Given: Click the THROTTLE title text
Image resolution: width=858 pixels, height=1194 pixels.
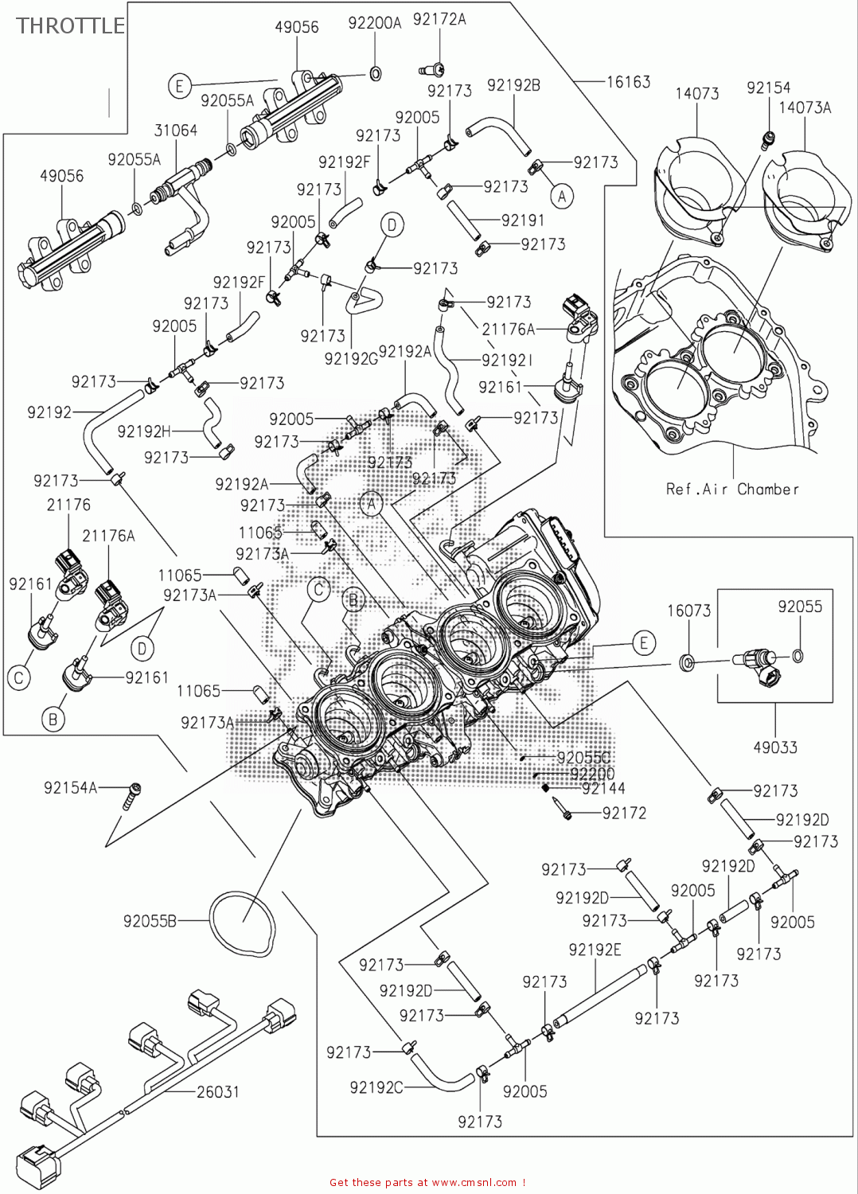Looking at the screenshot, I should pyautogui.click(x=70, y=25).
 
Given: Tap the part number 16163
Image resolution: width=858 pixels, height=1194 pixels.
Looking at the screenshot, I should pyautogui.click(x=628, y=81).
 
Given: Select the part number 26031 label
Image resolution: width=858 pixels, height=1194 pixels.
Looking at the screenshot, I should pyautogui.click(x=218, y=1091).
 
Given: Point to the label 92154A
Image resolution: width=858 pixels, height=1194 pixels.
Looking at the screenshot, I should pyautogui.click(x=70, y=788).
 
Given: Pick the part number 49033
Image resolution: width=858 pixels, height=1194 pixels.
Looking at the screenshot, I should pyautogui.click(x=775, y=747).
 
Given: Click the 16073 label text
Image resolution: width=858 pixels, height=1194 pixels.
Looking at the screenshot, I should pyautogui.click(x=688, y=611).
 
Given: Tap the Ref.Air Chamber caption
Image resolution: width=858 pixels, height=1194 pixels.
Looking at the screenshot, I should pyautogui.click(x=732, y=489).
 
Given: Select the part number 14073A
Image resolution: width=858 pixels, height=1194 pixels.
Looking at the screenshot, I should pyautogui.click(x=805, y=107).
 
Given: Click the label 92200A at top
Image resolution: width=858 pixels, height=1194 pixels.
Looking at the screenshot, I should pyautogui.click(x=375, y=23).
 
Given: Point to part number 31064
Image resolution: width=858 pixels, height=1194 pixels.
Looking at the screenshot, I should pyautogui.click(x=175, y=130).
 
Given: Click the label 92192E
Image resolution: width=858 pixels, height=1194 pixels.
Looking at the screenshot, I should pyautogui.click(x=595, y=950).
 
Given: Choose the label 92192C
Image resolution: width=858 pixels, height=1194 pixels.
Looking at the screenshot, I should pyautogui.click(x=376, y=1087).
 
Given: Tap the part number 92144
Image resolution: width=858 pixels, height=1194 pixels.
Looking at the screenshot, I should pyautogui.click(x=603, y=788).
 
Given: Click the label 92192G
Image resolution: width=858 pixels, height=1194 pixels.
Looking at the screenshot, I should pyautogui.click(x=351, y=359).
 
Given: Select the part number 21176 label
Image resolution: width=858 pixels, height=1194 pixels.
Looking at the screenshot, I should pyautogui.click(x=68, y=505).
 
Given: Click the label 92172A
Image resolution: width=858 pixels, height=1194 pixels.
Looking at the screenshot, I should pyautogui.click(x=439, y=19).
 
